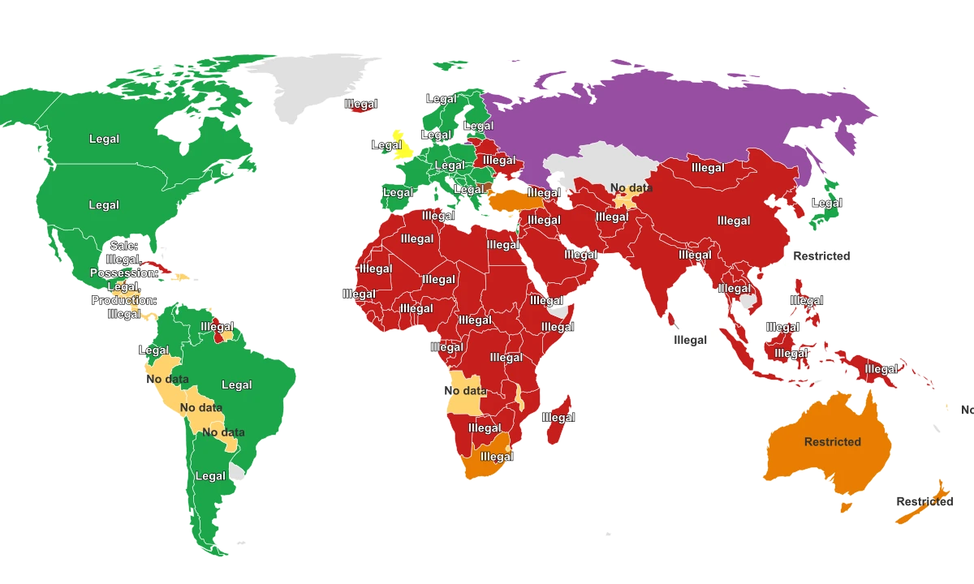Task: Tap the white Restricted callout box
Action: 821,255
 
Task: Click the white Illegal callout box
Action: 690,340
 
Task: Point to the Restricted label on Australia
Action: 832,442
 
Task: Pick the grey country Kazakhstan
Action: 593,166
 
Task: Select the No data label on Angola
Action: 465,391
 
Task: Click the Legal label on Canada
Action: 104,139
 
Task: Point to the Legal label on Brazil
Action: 237,385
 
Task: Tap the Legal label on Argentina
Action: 210,476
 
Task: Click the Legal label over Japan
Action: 827,204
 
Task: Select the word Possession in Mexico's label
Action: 123,273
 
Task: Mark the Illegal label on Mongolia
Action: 708,168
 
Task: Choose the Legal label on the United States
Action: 104,205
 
